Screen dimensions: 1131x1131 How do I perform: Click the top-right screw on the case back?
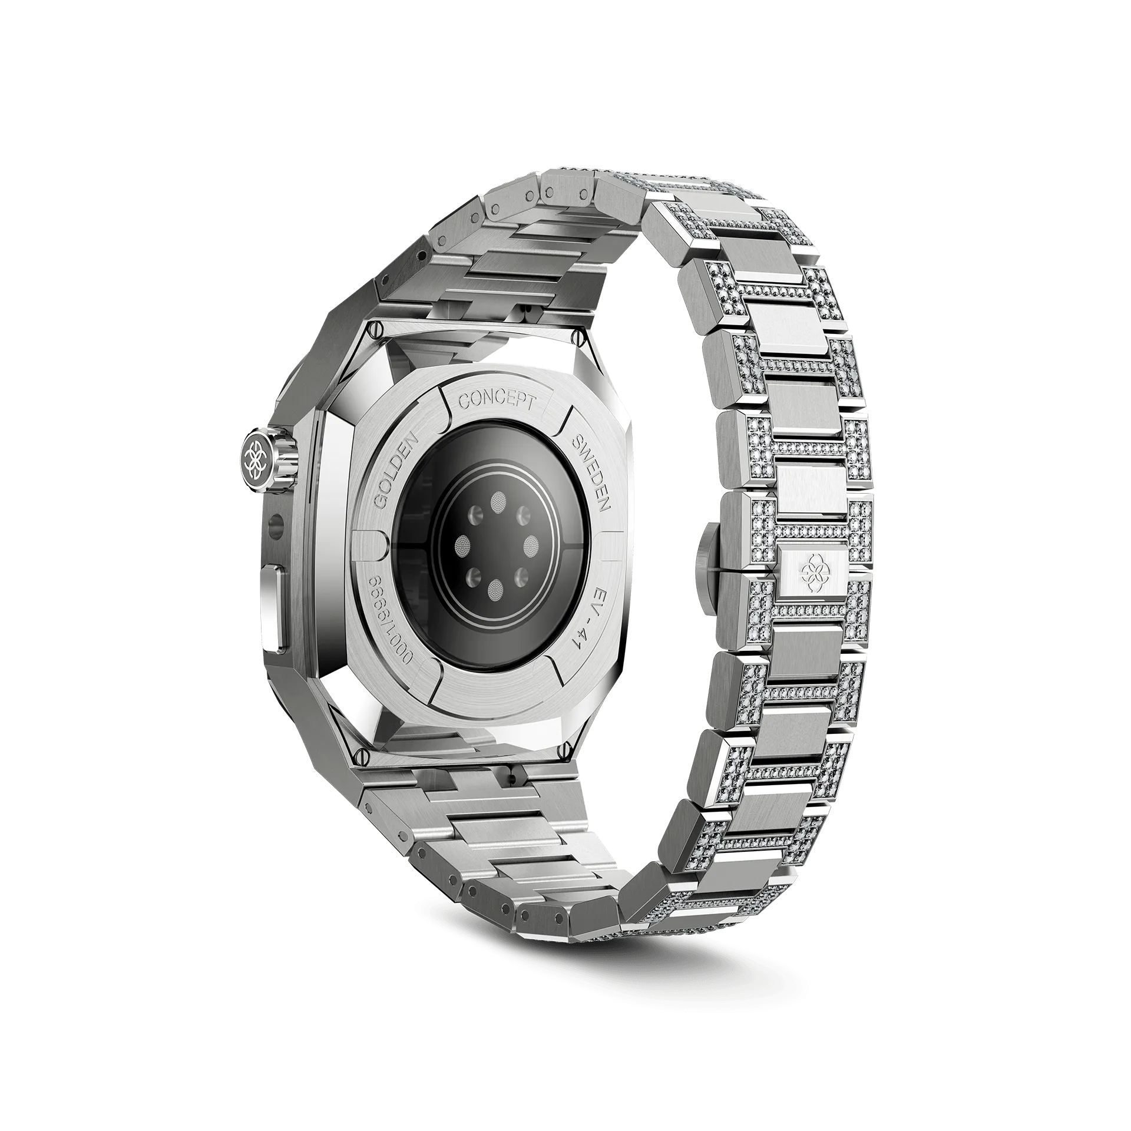pos(578,338)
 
